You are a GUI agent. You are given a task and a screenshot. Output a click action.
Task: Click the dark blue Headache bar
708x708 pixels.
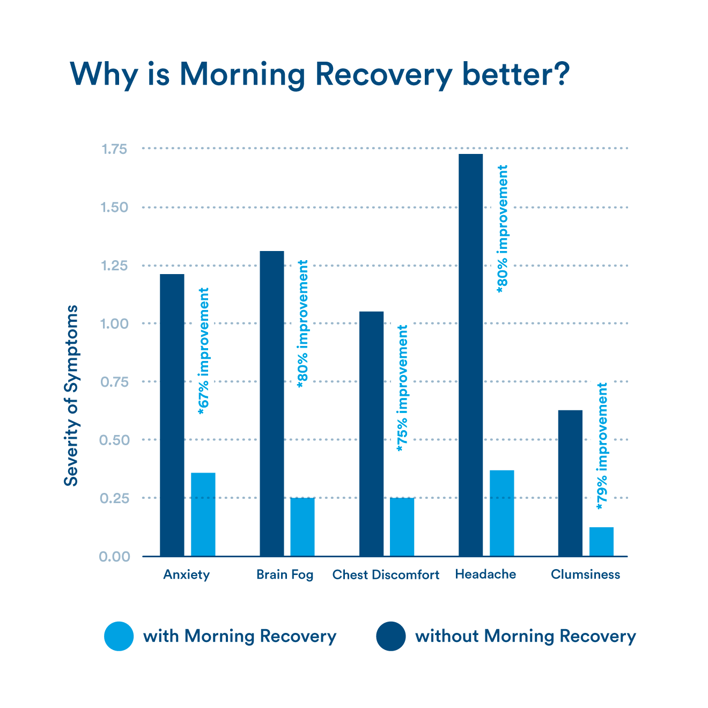click(471, 354)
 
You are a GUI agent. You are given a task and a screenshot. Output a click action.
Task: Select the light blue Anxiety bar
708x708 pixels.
click(203, 514)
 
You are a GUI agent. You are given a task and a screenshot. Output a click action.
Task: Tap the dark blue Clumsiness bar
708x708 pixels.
click(570, 483)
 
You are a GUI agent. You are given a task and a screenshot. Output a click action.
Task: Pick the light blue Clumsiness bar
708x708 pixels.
click(601, 541)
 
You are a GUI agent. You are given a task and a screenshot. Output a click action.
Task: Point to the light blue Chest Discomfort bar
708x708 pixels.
click(402, 526)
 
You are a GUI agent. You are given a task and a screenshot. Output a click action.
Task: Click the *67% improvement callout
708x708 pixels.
click(203, 350)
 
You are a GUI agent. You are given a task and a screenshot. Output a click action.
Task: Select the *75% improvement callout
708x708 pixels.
click(402, 387)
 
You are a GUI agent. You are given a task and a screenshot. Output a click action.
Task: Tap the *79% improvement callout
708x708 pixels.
click(602, 445)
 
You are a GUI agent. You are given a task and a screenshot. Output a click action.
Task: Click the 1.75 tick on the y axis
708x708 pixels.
click(114, 149)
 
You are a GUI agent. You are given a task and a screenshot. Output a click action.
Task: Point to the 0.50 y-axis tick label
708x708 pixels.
click(114, 440)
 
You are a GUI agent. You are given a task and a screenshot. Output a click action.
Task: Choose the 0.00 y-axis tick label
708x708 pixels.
click(114, 557)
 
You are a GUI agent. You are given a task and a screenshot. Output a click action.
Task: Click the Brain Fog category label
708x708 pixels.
click(285, 575)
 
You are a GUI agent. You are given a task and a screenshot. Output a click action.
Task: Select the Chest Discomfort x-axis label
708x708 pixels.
click(386, 575)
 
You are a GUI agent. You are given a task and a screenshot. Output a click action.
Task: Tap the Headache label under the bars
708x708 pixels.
click(485, 574)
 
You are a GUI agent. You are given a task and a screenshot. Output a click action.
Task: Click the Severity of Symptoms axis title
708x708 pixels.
click(71, 395)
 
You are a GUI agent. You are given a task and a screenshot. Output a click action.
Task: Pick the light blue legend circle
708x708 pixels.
click(119, 636)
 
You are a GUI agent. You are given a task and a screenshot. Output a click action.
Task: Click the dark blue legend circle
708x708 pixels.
click(391, 636)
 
